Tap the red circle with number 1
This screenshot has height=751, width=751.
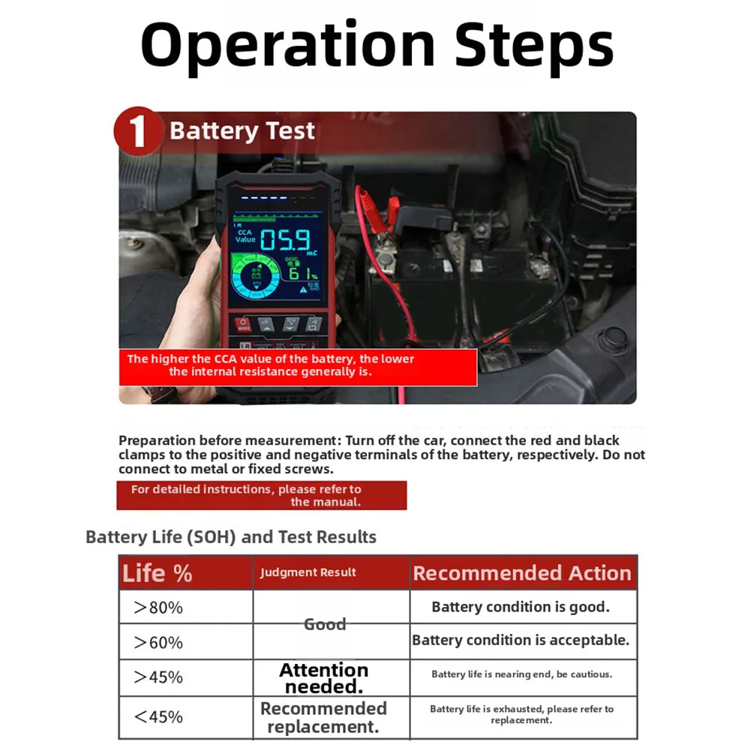pyautogui.click(x=137, y=131)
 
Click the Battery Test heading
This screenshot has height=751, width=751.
pyautogui.click(x=242, y=131)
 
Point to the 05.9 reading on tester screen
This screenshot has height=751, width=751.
pyautogui.click(x=286, y=241)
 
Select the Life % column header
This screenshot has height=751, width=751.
pyautogui.click(x=157, y=574)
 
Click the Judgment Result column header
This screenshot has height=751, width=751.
pyautogui.click(x=308, y=572)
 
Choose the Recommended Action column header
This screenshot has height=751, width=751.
pyautogui.click(x=522, y=573)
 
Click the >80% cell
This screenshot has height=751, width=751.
pyautogui.click(x=158, y=608)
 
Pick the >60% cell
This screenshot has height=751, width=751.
pyautogui.click(x=158, y=642)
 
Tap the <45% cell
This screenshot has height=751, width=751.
pyautogui.click(x=158, y=716)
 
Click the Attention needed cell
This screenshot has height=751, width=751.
pyautogui.click(x=324, y=678)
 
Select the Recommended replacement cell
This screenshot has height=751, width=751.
pyautogui.click(x=323, y=717)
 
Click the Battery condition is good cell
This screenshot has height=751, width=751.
pyautogui.click(x=521, y=607)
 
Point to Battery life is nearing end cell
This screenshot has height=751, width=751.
pyautogui.click(x=521, y=674)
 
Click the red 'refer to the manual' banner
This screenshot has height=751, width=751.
pyautogui.click(x=262, y=495)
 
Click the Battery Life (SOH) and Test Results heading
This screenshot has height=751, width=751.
pyautogui.click(x=231, y=537)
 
